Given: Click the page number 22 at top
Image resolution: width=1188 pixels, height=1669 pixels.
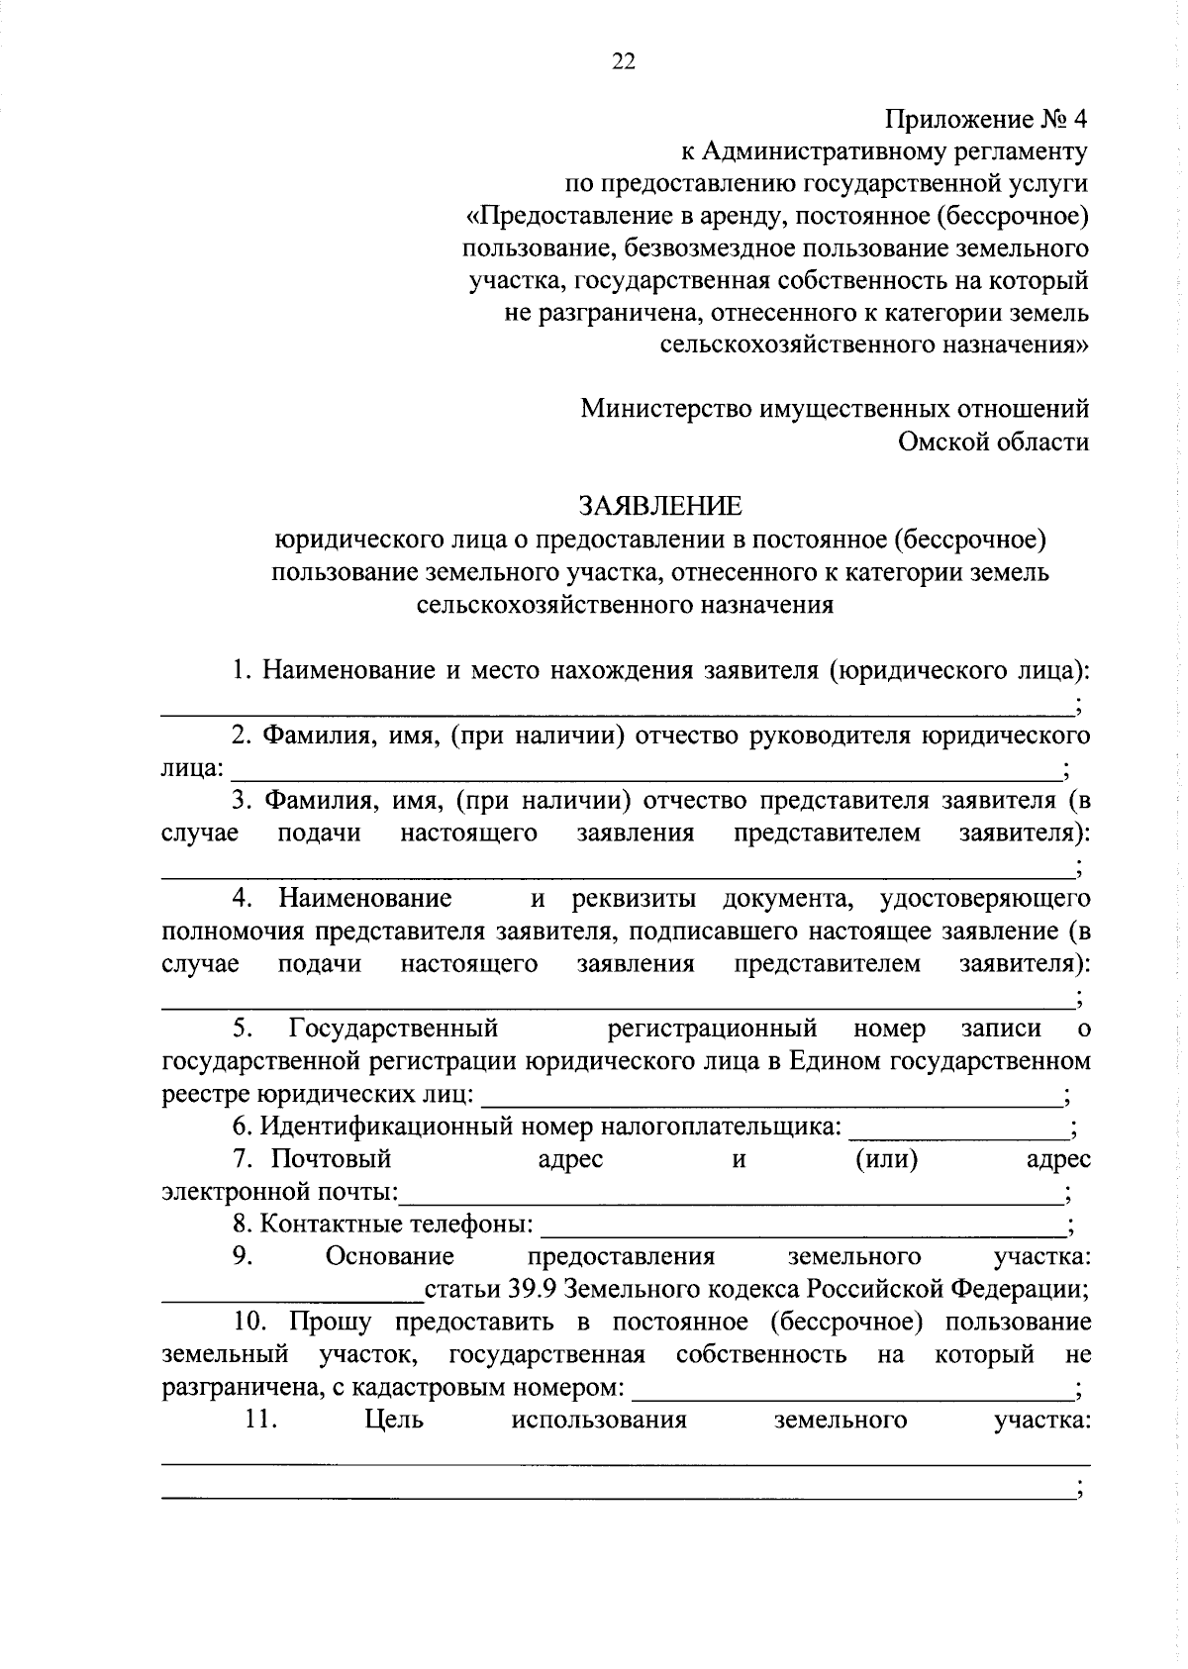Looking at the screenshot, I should tap(624, 61).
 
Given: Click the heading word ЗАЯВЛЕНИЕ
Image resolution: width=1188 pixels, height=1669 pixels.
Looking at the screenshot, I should tap(659, 506).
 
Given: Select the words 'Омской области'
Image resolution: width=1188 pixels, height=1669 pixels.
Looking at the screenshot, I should tap(993, 442).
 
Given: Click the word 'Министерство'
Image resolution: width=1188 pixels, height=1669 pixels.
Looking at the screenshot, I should tap(664, 409).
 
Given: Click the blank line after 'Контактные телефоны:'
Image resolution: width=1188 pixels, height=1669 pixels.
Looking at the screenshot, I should tap(802, 1229).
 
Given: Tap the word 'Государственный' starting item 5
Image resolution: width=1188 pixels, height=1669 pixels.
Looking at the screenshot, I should tap(393, 1029).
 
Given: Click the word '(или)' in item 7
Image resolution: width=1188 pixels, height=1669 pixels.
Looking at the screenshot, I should tap(886, 1158).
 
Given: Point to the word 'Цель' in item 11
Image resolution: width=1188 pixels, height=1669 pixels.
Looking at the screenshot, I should tap(394, 1420).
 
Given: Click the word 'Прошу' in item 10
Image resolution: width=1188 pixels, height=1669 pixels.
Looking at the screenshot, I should tap(330, 1322).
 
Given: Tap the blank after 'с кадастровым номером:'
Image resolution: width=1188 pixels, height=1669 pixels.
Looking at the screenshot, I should tap(851, 1392).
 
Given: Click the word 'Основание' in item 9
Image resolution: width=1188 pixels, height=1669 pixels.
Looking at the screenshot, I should tap(390, 1256).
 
